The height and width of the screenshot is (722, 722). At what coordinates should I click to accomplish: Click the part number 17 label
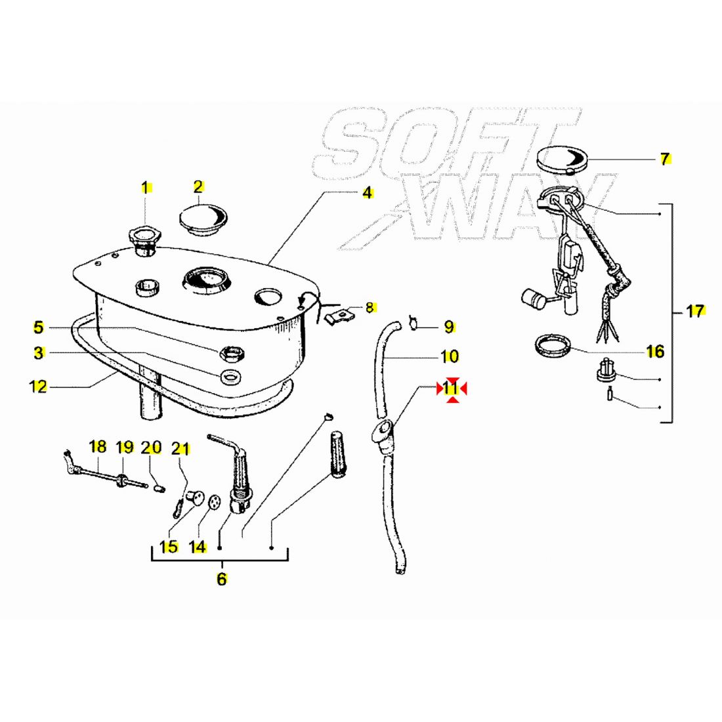click(x=695, y=311)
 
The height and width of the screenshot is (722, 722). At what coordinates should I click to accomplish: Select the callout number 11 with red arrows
click(x=452, y=389)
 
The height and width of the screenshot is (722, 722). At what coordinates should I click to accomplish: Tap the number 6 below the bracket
click(x=221, y=579)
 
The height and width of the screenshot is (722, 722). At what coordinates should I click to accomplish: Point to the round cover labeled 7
click(x=563, y=160)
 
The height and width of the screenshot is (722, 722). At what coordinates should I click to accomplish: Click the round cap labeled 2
click(x=203, y=218)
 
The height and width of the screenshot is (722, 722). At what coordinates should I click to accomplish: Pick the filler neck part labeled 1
click(x=144, y=242)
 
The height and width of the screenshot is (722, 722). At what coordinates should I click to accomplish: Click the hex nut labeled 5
click(x=232, y=354)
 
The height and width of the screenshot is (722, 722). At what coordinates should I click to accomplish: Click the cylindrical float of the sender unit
click(x=534, y=299)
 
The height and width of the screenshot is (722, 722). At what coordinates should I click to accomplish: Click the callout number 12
click(x=38, y=386)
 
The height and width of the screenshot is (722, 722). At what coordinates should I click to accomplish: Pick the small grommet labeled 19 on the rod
click(x=122, y=480)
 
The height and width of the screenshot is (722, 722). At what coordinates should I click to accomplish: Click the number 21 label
click(x=180, y=448)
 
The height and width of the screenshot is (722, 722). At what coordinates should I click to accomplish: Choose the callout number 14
click(x=198, y=547)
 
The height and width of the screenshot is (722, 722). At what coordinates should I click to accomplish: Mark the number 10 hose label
click(x=450, y=356)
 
